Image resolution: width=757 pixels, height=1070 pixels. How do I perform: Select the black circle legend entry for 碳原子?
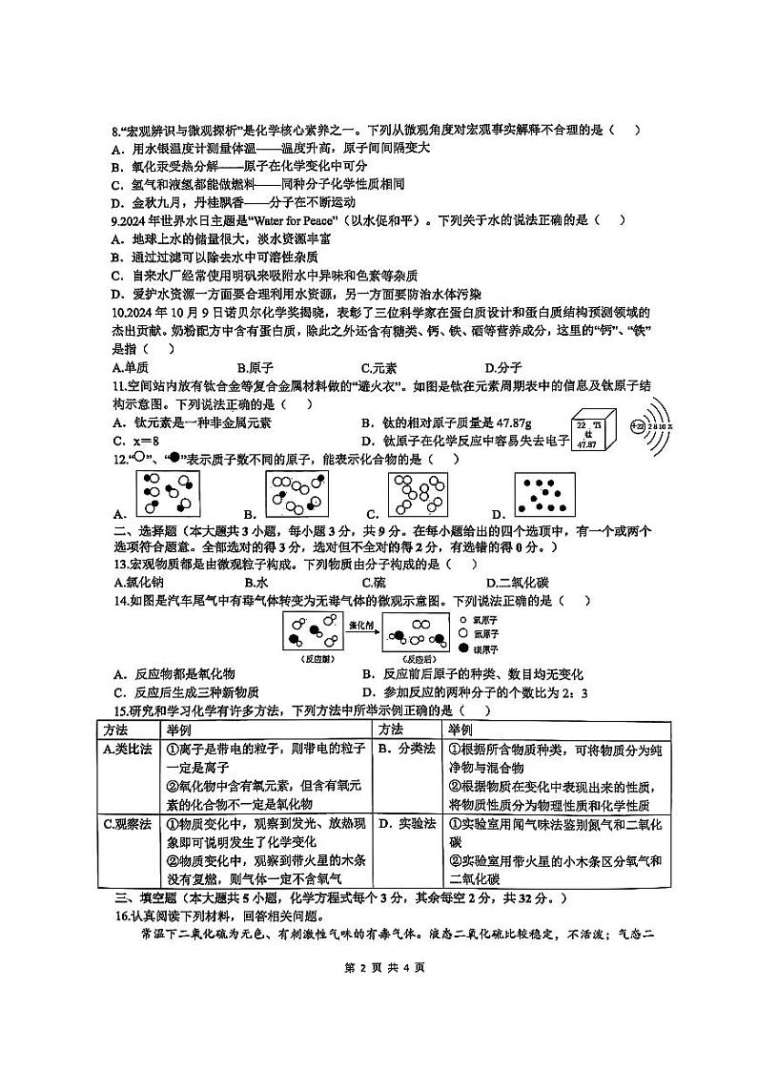464,648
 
